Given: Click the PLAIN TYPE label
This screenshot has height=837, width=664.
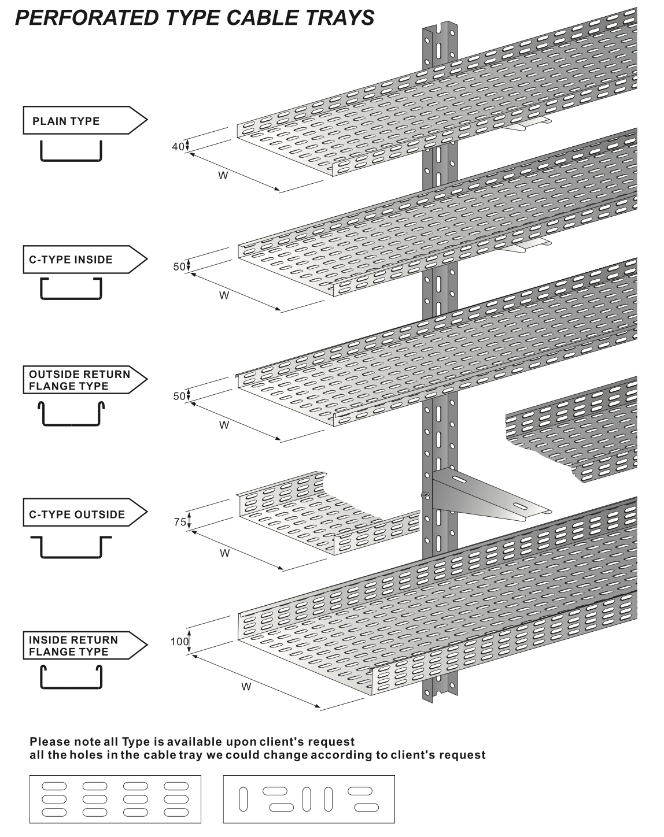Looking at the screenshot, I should pos(66,121).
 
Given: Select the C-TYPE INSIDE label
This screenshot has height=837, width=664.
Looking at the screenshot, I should pos(71,260).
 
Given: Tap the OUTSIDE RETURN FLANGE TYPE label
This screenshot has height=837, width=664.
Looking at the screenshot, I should pos(79,380).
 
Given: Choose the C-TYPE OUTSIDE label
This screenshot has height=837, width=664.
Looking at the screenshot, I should pos(77,514).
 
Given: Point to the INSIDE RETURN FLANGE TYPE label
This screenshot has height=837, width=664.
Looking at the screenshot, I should pos(73,646).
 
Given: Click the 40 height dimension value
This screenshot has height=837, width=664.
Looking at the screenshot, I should pos(178,146).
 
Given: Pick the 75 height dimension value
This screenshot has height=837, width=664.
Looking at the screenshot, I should pos(180,522).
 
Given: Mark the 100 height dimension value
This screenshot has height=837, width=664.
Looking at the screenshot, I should pos(179,641).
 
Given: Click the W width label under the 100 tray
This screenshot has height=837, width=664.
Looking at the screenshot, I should pos(246,687).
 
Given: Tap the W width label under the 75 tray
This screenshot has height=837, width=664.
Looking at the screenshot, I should pos(225,553).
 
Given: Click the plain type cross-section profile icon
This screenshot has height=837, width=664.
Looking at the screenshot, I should pos(71,151).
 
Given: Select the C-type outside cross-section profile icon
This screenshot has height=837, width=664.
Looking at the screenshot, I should pos(71,547).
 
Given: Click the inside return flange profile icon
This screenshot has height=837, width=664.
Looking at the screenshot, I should pos(71,677).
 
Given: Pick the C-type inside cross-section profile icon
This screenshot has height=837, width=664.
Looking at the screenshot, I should pos(71,288).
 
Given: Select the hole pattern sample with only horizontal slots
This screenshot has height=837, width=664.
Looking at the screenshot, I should pos(115,799).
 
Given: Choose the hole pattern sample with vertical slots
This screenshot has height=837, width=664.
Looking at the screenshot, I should pos(309,799).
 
